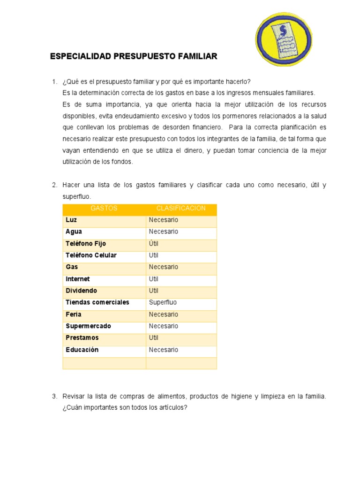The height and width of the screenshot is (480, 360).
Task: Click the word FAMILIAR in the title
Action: (197, 57)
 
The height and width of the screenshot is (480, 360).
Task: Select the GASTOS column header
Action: (104, 208)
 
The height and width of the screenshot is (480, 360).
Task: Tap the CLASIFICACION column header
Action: (181, 208)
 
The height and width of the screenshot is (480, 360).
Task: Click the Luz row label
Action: (71, 220)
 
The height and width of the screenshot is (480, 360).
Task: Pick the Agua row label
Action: (74, 232)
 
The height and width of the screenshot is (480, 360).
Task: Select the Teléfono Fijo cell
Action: (86, 244)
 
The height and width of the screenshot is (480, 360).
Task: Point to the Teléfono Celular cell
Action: (91, 255)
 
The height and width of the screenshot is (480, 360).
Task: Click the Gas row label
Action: (72, 267)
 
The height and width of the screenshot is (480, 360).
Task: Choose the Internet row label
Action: (78, 279)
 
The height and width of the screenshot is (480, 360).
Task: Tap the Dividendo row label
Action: (82, 291)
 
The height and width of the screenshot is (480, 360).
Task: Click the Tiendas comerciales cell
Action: (97, 302)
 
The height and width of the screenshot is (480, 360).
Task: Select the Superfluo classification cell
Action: (163, 302)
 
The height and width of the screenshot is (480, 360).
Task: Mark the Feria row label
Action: (74, 315)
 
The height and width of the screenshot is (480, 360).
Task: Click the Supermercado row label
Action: (88, 326)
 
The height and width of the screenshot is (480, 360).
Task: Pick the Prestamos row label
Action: (82, 338)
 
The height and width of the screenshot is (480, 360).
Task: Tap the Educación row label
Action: (82, 350)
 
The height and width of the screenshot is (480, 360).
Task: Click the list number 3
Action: (54, 397)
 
